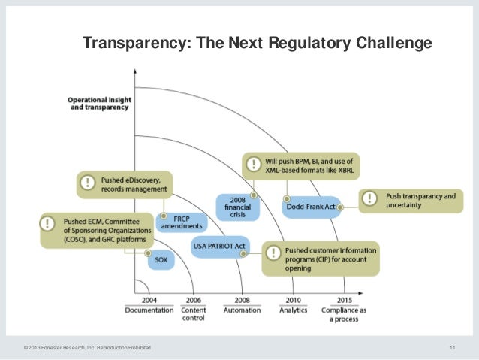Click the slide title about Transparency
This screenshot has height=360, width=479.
coord(257,43)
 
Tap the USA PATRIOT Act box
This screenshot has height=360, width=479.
coord(219,246)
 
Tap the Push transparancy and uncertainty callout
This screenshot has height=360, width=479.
coord(417,201)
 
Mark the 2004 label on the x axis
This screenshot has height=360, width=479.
coord(149,299)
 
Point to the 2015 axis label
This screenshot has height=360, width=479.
coord(345,299)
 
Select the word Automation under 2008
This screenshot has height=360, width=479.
coord(242,310)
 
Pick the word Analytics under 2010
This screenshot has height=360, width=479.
coord(293,310)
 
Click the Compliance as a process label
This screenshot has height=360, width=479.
coord(345,314)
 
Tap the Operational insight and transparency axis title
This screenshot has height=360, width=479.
coord(98,103)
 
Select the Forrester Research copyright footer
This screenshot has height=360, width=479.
coord(87,346)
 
